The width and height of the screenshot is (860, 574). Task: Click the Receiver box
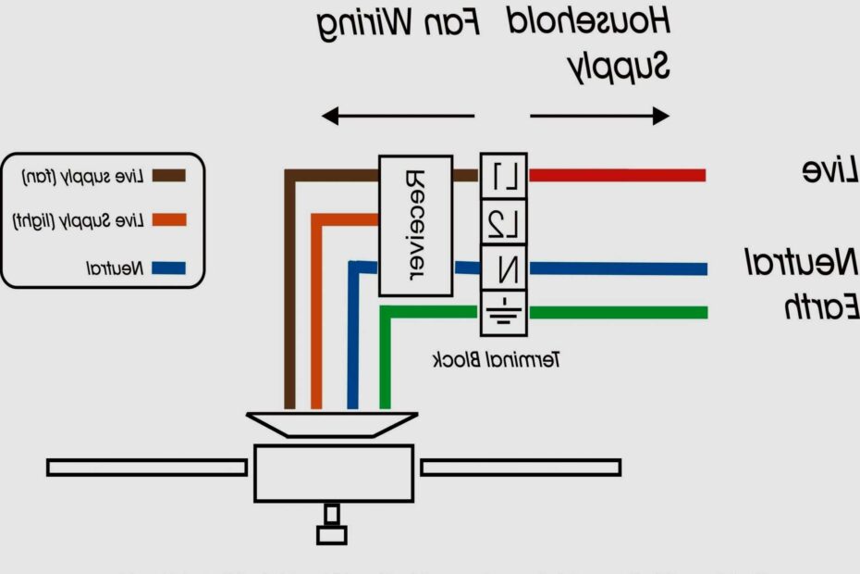[415, 225]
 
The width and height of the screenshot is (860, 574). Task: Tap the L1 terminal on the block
[504, 176]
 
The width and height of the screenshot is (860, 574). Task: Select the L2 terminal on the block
[504, 222]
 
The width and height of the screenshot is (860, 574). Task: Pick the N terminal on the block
[504, 268]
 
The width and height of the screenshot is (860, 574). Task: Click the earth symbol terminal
[504, 313]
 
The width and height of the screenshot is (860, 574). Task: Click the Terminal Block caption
[496, 359]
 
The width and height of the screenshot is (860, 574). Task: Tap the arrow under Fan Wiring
[398, 117]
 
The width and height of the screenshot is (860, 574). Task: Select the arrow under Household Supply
[599, 117]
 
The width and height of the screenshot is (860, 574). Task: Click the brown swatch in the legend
[169, 175]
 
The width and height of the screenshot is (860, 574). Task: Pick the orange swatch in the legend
[169, 220]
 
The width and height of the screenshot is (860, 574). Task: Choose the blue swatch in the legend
[169, 268]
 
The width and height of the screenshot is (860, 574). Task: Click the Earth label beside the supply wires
[821, 306]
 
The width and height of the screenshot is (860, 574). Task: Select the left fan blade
[147, 468]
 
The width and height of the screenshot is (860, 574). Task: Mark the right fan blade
[521, 468]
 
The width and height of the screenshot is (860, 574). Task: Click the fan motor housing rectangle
[334, 472]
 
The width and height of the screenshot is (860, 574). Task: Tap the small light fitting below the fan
[331, 529]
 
